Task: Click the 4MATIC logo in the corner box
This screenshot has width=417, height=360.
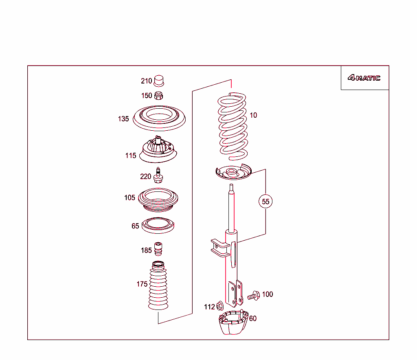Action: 364,78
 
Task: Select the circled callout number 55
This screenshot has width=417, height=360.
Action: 266,202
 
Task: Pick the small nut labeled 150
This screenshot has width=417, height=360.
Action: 159,96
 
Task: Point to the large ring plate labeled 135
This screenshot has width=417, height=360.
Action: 160,118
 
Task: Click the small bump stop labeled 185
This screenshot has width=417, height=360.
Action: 158,249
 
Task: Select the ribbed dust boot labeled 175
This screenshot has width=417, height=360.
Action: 158,287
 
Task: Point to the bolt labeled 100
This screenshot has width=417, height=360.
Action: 253,295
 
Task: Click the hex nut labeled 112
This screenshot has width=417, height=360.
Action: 219,306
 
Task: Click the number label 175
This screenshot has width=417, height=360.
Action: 142,284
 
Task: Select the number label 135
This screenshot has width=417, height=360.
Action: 123,119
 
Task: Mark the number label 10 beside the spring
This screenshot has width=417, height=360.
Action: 253,115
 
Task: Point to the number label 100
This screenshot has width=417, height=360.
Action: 268,294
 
